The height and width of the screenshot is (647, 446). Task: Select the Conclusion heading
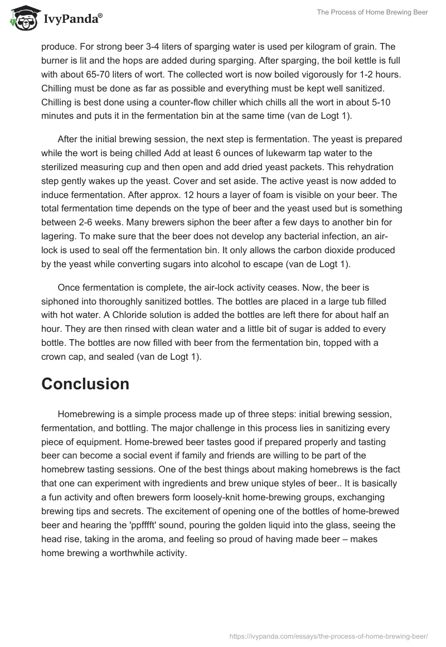coord(85,384)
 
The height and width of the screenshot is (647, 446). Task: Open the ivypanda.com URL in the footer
coord(328,635)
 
